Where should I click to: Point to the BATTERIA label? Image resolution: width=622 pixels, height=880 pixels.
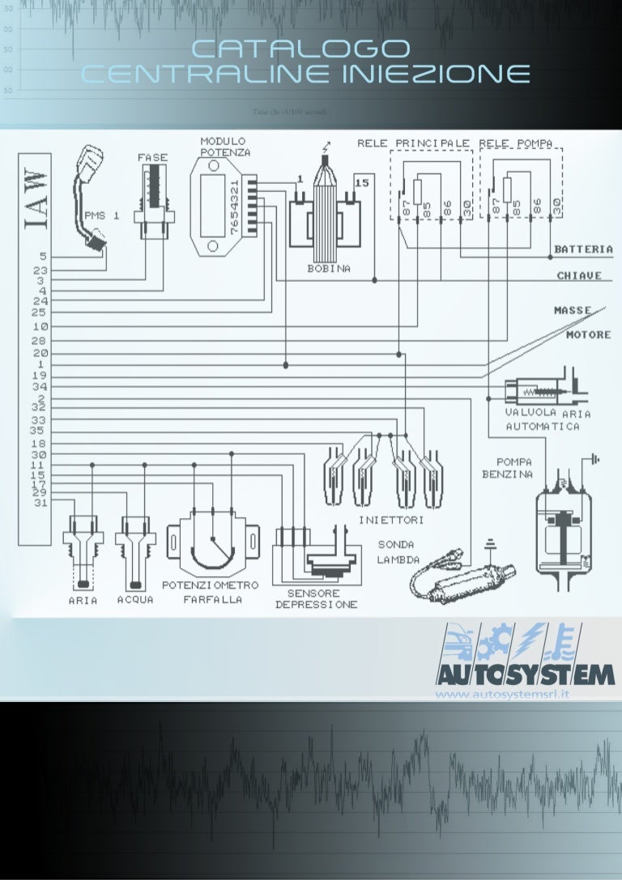[x=583, y=249]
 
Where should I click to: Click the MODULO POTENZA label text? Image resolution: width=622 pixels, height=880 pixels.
[x=224, y=147]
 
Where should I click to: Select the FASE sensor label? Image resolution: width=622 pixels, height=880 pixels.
[x=152, y=157]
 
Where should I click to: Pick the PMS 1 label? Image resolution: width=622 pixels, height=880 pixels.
[x=101, y=216]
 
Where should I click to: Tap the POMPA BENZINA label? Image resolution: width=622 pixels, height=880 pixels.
[x=507, y=466]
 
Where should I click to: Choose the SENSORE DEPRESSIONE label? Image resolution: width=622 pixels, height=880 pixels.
[x=316, y=598]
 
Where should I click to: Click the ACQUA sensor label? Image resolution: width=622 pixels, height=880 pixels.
[x=135, y=600]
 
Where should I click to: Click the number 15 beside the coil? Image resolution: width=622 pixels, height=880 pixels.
[x=361, y=183]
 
